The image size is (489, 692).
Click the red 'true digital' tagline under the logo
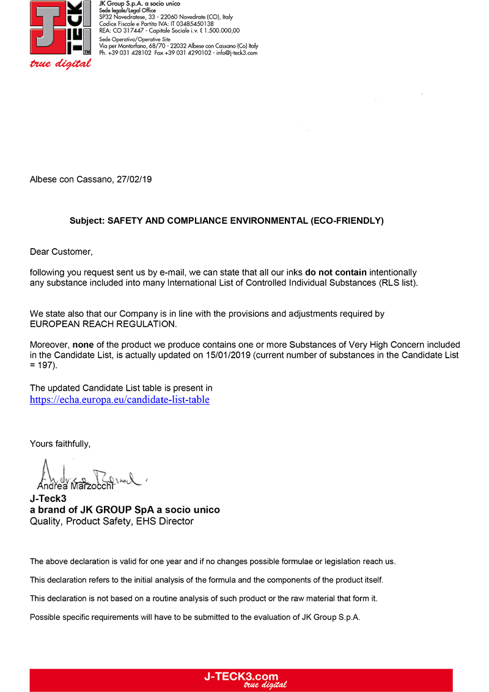(61, 64)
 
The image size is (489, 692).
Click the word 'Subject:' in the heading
(87, 221)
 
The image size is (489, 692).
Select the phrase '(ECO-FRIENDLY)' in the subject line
(347, 221)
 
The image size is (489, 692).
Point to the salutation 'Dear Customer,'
(62, 251)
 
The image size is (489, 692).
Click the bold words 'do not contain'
(336, 272)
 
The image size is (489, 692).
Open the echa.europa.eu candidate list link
(120, 400)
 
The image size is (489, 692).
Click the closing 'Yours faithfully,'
(61, 444)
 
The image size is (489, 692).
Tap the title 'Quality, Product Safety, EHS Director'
(112, 521)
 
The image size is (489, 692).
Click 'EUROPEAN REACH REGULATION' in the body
(103, 324)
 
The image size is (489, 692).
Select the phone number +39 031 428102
(130, 53)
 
